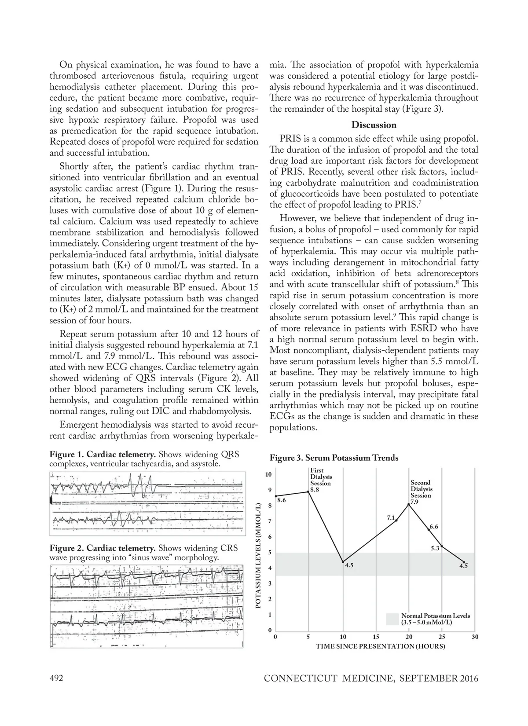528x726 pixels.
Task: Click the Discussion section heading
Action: [x=374, y=125]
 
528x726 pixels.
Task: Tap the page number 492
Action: [x=56, y=678]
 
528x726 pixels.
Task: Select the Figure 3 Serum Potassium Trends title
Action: [x=334, y=458]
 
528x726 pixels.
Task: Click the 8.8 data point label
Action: [x=314, y=489]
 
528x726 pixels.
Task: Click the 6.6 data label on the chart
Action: [x=433, y=527]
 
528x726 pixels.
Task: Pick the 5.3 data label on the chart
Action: [x=435, y=549]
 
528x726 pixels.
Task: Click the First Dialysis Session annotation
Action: [x=320, y=477]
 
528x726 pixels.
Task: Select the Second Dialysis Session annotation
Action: [x=421, y=489]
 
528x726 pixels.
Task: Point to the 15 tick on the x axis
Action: [x=376, y=637]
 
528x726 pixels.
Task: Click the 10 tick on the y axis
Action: [x=268, y=474]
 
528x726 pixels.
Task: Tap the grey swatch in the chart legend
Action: [x=392, y=619]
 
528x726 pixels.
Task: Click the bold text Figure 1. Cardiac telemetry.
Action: [x=103, y=455]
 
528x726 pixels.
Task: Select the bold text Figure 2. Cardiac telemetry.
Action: [x=103, y=548]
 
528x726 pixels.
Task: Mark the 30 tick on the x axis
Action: [x=475, y=637]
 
